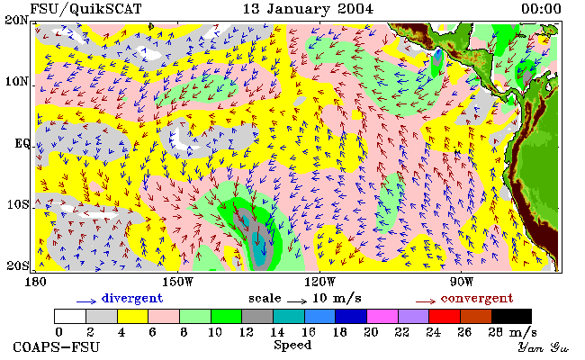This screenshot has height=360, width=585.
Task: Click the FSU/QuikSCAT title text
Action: click(x=85, y=9)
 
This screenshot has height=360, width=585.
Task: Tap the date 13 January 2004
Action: click(x=308, y=9)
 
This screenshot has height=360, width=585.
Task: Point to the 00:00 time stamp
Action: click(x=541, y=9)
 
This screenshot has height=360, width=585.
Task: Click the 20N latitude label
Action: click(x=16, y=20)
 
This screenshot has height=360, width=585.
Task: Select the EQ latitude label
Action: click(x=22, y=144)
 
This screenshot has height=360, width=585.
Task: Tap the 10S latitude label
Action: click(x=18, y=205)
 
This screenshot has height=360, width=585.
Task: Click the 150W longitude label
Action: click(x=178, y=282)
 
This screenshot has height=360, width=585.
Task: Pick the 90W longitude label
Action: click(x=462, y=282)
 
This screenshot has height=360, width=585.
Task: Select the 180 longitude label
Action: click(x=35, y=282)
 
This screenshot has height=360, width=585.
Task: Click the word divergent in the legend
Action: click(x=132, y=299)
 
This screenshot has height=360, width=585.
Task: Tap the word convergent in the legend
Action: click(x=477, y=299)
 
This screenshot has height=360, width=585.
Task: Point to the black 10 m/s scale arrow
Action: click(x=297, y=301)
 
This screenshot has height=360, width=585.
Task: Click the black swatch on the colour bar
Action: click(x=511, y=316)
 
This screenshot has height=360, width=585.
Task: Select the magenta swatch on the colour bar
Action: click(x=382, y=316)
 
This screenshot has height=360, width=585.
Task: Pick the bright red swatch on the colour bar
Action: click(x=445, y=316)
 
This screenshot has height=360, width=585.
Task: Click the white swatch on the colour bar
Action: click(x=70, y=316)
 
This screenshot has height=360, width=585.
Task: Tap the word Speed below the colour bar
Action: click(x=292, y=345)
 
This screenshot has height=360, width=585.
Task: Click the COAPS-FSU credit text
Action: click(x=57, y=347)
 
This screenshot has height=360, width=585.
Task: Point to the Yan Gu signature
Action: click(x=544, y=347)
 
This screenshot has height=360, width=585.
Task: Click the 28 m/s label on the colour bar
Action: click(x=513, y=332)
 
